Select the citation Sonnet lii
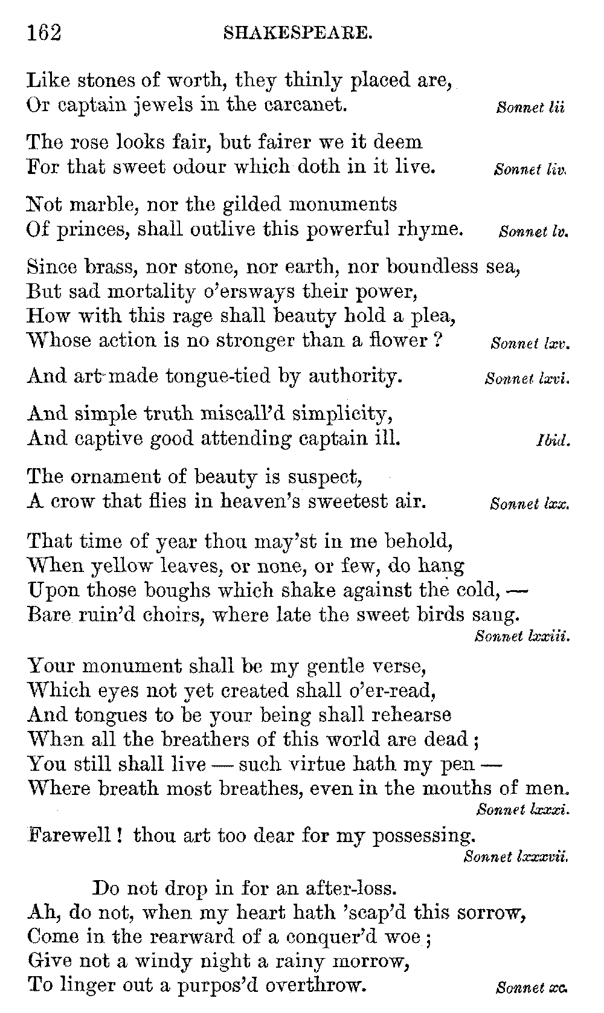point(530,109)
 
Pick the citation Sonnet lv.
point(534,232)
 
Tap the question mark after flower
point(440,340)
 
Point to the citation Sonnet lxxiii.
point(522,636)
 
